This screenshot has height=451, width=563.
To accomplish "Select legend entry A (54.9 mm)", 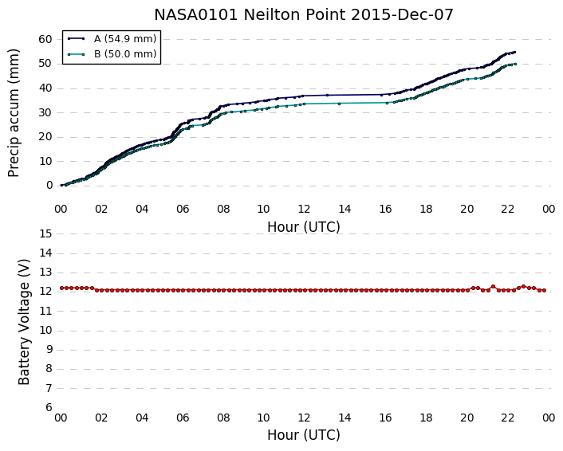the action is pyautogui.click(x=125, y=39).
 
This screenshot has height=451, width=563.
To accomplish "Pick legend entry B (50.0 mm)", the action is pyautogui.click(x=125, y=54).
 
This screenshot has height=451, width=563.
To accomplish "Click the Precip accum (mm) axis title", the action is pyautogui.click(x=14, y=112).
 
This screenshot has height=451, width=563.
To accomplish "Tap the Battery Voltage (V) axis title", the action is pyautogui.click(x=24, y=322).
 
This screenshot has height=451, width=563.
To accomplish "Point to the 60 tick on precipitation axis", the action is pyautogui.click(x=45, y=39).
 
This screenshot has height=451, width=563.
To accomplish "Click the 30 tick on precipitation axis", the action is pyautogui.click(x=45, y=112).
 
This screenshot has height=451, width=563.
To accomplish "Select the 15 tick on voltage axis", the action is pyautogui.click(x=45, y=234).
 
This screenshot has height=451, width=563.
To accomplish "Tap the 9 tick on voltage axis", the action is pyautogui.click(x=49, y=350).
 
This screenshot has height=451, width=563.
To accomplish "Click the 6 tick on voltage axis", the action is pyautogui.click(x=49, y=408).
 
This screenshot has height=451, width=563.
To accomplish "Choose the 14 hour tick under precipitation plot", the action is pyautogui.click(x=344, y=209).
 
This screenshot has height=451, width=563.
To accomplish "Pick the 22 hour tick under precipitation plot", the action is pyautogui.click(x=508, y=209).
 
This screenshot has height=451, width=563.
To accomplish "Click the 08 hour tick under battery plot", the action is pyautogui.click(x=223, y=418).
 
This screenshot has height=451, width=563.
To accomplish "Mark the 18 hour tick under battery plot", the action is pyautogui.click(x=426, y=418).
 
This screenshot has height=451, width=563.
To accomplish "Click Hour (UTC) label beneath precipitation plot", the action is pyautogui.click(x=303, y=227).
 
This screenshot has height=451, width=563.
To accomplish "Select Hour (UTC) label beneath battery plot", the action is pyautogui.click(x=303, y=435).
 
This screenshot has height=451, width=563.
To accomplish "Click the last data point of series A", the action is pyautogui.click(x=514, y=52).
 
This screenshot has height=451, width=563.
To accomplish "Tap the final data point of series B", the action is pyautogui.click(x=516, y=64).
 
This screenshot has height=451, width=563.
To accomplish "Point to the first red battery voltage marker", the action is pyautogui.click(x=61, y=288).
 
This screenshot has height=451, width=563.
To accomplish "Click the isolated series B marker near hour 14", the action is pyautogui.click(x=339, y=104).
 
